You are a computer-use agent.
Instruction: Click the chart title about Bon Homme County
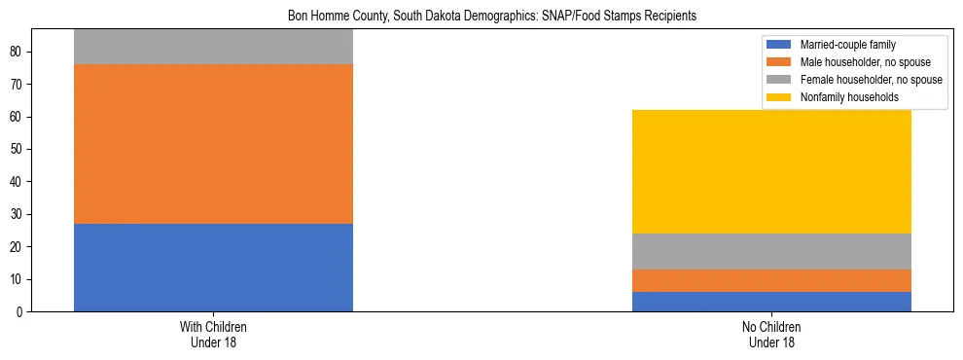coord(491,17)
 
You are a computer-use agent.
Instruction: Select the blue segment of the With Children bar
coord(213,268)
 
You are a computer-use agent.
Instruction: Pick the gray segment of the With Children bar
coord(213,48)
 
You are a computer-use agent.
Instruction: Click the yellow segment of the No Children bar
coord(771,171)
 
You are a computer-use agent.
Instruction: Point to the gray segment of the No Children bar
coord(771,251)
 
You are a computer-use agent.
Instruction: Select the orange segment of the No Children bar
coord(771,280)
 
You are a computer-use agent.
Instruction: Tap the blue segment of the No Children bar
coord(771,302)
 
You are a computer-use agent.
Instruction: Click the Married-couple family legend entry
coord(847,45)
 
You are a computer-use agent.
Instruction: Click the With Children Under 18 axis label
coord(213,335)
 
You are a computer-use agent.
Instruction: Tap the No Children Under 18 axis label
coord(771,335)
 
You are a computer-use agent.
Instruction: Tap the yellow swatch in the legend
coord(779,97)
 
